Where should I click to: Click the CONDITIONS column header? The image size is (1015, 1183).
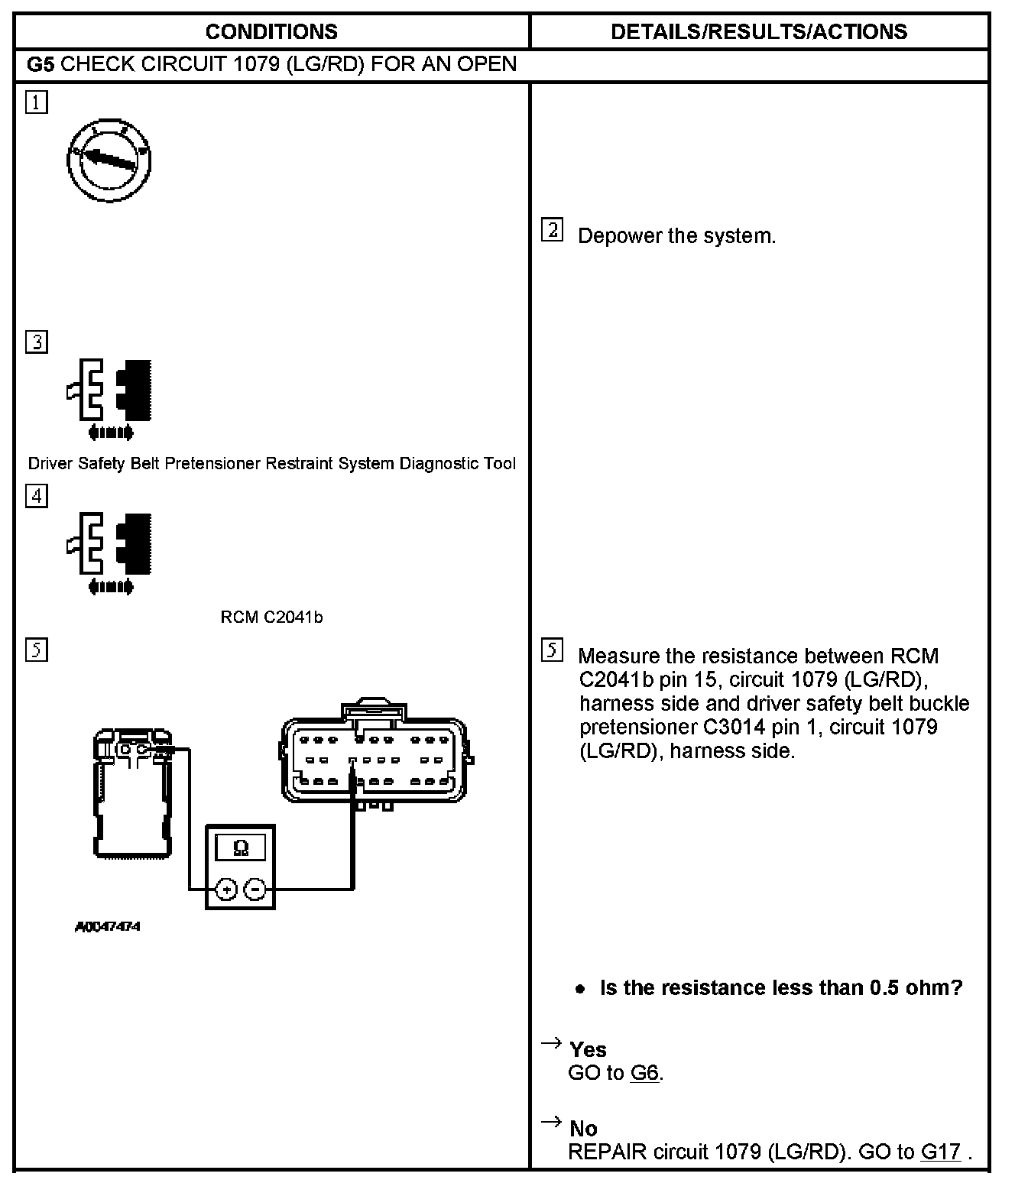(x=271, y=31)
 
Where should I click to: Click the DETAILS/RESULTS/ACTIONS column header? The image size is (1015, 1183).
(x=758, y=31)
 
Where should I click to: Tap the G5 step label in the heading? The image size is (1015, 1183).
(x=41, y=64)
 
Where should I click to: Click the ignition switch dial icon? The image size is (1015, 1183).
(x=109, y=160)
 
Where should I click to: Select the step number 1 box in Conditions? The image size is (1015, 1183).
(x=36, y=102)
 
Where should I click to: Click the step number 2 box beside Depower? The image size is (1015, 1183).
(x=552, y=230)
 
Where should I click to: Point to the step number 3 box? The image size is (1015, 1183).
(x=36, y=342)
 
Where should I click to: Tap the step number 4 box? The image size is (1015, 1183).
(x=36, y=496)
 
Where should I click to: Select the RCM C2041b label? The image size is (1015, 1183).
(x=271, y=617)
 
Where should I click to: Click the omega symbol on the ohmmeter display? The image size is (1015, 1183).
(x=240, y=848)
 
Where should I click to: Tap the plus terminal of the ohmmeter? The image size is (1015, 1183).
(x=226, y=889)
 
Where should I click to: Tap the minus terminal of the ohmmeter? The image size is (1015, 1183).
(x=256, y=889)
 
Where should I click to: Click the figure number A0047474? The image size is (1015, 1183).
(x=108, y=927)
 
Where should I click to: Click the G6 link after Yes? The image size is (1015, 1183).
(x=644, y=1073)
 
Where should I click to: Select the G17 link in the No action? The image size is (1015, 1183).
(x=940, y=1152)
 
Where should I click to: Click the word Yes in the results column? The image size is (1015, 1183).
(x=588, y=1049)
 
